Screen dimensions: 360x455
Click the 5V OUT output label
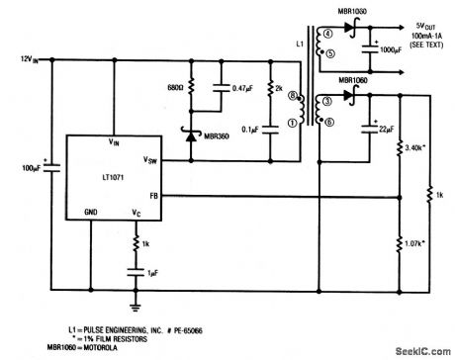tap(409, 24)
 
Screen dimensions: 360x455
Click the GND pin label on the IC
tap(91, 212)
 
